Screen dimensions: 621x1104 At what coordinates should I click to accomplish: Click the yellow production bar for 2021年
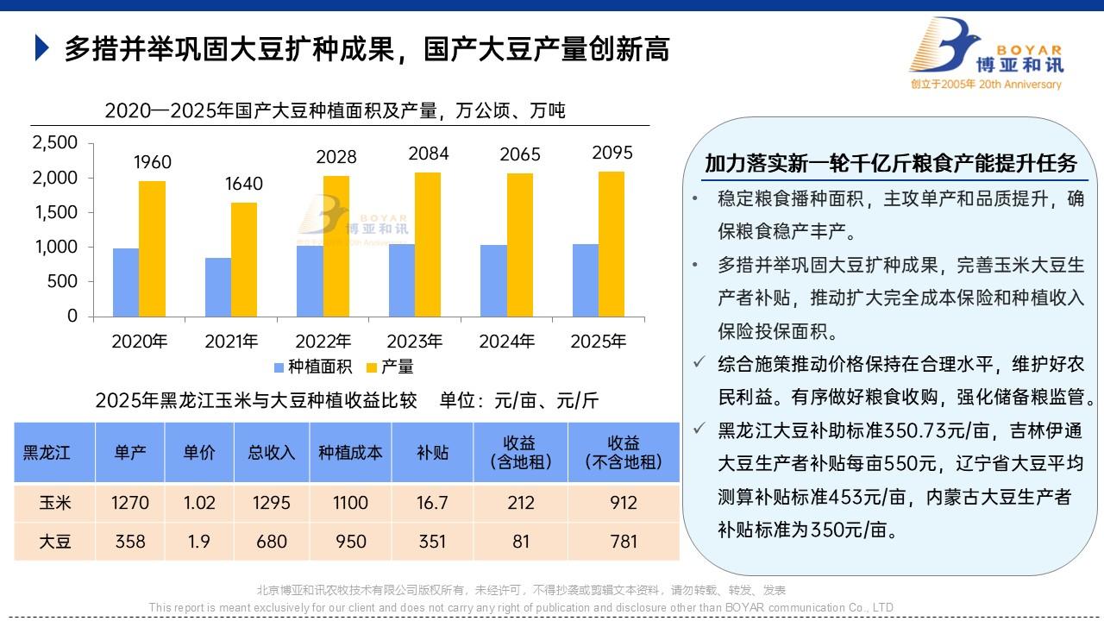tap(243, 259)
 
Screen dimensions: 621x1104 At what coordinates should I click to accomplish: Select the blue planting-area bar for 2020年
tap(126, 282)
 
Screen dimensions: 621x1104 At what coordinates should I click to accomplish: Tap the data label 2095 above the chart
tap(612, 153)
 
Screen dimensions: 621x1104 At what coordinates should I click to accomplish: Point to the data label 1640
tap(244, 184)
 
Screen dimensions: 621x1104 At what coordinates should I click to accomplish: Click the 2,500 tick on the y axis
tap(55, 142)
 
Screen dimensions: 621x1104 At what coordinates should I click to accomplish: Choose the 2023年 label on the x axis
tap(415, 342)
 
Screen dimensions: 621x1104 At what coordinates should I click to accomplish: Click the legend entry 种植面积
tap(312, 367)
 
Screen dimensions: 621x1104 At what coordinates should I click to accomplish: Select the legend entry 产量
tap(390, 367)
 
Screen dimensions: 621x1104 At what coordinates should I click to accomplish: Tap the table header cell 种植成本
tap(350, 452)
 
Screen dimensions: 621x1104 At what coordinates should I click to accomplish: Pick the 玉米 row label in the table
tap(55, 503)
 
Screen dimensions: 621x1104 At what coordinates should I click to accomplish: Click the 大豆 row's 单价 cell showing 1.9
tap(198, 542)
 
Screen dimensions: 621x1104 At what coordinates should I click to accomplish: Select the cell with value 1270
tap(130, 503)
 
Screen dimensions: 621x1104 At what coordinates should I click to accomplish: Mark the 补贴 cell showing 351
tap(432, 542)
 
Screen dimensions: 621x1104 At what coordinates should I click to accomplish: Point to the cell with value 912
tap(624, 503)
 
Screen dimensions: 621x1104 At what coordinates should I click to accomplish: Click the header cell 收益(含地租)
tap(521, 452)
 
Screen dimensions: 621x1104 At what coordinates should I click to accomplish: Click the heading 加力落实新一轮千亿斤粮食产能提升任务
tap(891, 163)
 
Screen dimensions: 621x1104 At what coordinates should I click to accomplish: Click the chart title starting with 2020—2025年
tap(335, 110)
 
